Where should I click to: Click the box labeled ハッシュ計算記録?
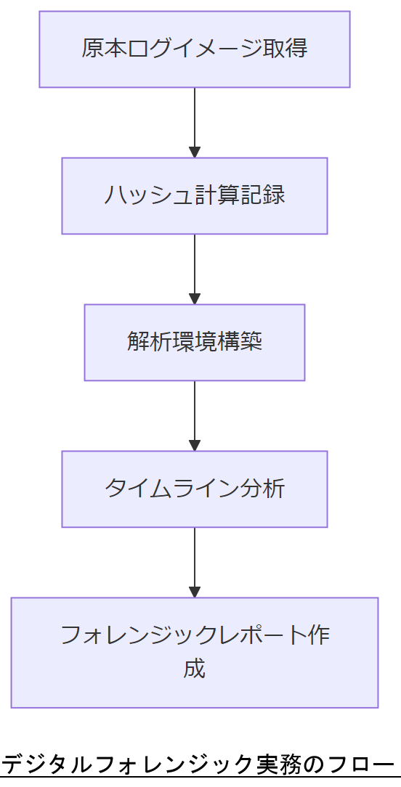[x=194, y=196]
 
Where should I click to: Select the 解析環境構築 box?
[x=194, y=342]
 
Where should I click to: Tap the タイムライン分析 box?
[x=194, y=489]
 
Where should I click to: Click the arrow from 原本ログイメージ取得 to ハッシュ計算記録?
[x=194, y=122]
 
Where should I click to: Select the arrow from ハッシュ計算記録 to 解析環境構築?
[x=194, y=269]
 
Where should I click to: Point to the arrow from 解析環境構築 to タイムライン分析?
[x=194, y=415]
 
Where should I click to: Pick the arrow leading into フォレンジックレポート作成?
[x=194, y=562]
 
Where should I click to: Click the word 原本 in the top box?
[x=103, y=49]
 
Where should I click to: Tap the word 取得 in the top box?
[x=285, y=49]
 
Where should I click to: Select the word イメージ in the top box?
[x=217, y=49]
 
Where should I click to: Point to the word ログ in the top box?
[x=149, y=49]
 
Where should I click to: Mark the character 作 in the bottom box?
[x=319, y=635]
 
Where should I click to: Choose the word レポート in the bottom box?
[x=263, y=635]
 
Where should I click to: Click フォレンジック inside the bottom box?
[x=139, y=635]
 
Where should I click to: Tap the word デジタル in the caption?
[x=46, y=764]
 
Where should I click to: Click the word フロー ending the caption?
[x=360, y=764]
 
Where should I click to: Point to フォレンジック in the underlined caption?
[x=174, y=764]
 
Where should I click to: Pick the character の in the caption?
[x=313, y=764]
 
